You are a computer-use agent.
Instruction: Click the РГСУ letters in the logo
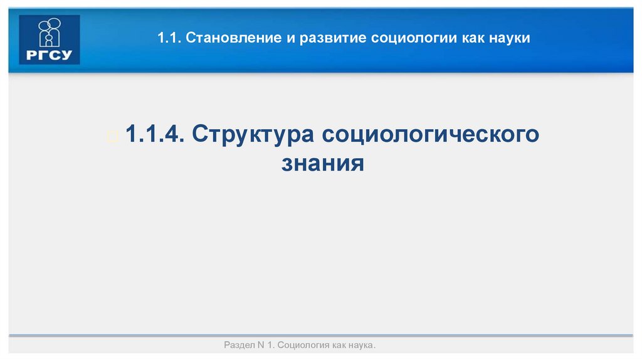point(50,55)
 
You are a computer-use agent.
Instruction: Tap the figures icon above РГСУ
point(50,32)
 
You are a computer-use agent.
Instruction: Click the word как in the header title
point(472,39)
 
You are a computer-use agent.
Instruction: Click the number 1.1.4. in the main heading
point(154,135)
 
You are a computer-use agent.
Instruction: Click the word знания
point(322,164)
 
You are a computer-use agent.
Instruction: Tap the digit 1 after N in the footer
point(270,346)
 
